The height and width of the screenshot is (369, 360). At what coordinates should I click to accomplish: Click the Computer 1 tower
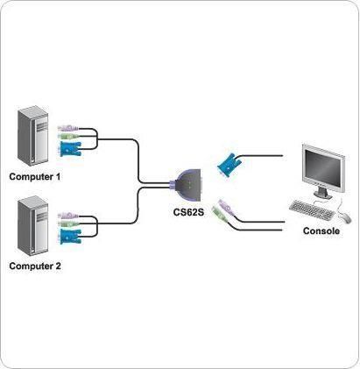point(32,136)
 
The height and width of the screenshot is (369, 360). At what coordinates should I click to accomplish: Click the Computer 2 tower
point(32,226)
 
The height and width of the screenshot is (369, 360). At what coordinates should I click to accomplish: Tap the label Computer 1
point(35,176)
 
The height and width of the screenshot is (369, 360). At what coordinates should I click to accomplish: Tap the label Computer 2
point(35,266)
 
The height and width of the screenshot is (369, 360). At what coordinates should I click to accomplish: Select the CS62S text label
point(188,212)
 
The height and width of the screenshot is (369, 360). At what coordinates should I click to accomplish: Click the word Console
point(321,231)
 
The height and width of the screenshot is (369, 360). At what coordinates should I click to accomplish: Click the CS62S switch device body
point(187,185)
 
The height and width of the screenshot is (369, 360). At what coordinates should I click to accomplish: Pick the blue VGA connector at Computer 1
point(70,149)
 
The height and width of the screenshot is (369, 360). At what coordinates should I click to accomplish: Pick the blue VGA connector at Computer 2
point(70,236)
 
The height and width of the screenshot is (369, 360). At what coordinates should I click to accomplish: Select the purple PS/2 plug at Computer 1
point(67,128)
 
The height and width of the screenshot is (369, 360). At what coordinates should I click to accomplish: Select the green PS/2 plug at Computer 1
point(68,136)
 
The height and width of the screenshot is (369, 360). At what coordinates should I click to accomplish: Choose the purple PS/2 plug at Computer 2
point(67,216)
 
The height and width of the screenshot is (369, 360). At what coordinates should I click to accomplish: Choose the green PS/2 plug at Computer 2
point(68,224)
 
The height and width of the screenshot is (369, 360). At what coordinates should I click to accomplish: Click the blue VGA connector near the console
point(228,166)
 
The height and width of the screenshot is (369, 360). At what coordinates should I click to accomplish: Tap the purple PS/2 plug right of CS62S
point(226,207)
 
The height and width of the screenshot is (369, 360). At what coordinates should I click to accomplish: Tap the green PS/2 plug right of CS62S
point(220,215)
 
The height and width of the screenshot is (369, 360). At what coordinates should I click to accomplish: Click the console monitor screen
point(323,167)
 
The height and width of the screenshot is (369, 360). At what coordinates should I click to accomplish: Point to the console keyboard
point(312,209)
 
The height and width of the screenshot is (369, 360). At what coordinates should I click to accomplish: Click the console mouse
point(345,217)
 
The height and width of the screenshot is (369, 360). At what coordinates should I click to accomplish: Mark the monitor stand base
point(323,195)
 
